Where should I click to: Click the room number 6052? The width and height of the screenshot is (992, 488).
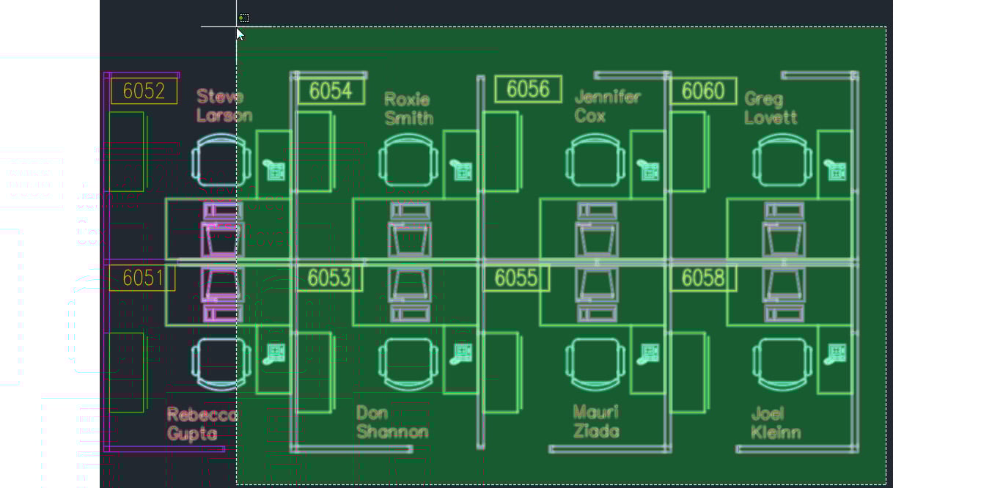[144, 91]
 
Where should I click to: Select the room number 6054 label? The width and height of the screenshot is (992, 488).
[331, 91]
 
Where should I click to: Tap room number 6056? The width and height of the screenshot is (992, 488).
[528, 89]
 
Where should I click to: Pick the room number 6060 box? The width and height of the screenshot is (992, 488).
[703, 91]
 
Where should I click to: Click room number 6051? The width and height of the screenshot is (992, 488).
[142, 278]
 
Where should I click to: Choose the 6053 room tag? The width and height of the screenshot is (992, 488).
[329, 278]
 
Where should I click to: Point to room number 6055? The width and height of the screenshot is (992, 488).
[516, 278]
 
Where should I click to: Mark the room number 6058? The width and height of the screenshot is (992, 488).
[703, 278]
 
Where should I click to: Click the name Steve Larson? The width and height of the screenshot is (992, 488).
[224, 106]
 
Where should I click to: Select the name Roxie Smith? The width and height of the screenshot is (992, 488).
[409, 108]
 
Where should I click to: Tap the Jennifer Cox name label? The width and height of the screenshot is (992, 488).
[607, 106]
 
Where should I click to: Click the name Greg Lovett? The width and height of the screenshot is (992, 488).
[771, 108]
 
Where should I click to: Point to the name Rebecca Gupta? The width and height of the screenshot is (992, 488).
[202, 424]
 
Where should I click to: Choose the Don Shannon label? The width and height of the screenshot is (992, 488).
[392, 422]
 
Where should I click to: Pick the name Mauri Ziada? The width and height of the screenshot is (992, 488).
[595, 421]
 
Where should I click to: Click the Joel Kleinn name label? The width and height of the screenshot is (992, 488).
[776, 423]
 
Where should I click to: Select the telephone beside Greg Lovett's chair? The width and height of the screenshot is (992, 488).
[835, 170]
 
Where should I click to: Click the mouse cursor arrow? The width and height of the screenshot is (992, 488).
[240, 34]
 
